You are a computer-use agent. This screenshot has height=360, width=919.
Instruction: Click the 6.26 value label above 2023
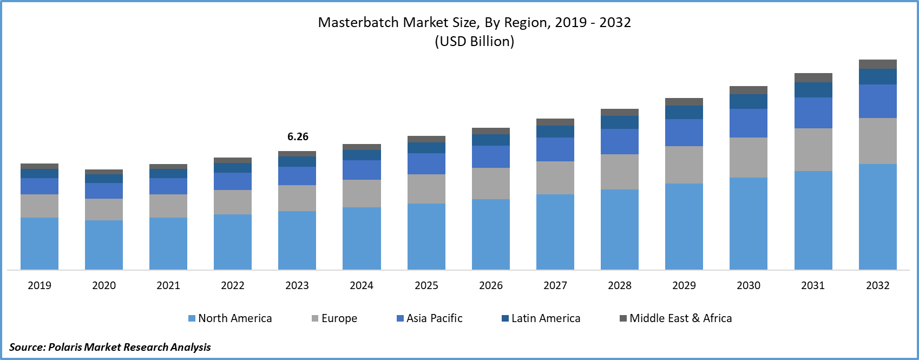pyautogui.click(x=298, y=137)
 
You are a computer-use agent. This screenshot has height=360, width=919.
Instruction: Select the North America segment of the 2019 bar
pyautogui.click(x=40, y=244)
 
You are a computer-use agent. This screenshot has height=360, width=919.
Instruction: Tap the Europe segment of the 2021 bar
pyautogui.click(x=168, y=206)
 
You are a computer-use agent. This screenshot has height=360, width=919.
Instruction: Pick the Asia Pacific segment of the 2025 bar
pyautogui.click(x=426, y=163)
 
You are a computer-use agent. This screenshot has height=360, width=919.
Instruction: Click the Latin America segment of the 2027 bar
pyautogui.click(x=555, y=132)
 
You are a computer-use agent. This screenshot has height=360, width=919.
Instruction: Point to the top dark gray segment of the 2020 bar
pyautogui.click(x=104, y=172)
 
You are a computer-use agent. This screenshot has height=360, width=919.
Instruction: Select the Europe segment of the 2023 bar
pyautogui.click(x=297, y=198)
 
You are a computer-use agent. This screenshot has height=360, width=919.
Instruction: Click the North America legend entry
pyautogui.click(x=230, y=318)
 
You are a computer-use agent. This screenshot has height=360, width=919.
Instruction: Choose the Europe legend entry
pyautogui.click(x=334, y=318)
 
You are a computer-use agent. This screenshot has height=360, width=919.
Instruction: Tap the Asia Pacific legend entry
pyautogui.click(x=430, y=318)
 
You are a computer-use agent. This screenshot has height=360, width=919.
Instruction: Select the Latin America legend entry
pyautogui.click(x=541, y=318)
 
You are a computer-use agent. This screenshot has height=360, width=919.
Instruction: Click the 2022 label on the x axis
pyautogui.click(x=233, y=285)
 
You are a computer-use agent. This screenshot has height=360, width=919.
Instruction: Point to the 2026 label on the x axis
pyautogui.click(x=491, y=285)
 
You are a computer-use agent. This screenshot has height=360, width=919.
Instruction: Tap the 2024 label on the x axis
pyautogui.click(x=362, y=285)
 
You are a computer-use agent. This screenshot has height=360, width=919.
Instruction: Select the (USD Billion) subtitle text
pyautogui.click(x=474, y=42)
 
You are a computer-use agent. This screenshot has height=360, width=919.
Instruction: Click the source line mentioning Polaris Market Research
pyautogui.click(x=110, y=347)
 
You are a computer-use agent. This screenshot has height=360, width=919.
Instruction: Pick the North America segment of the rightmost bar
pyautogui.click(x=878, y=217)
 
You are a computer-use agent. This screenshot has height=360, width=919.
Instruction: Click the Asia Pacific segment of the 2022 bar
pyautogui.click(x=233, y=181)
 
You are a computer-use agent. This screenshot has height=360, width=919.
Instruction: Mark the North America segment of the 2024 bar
pyautogui.click(x=362, y=238)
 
